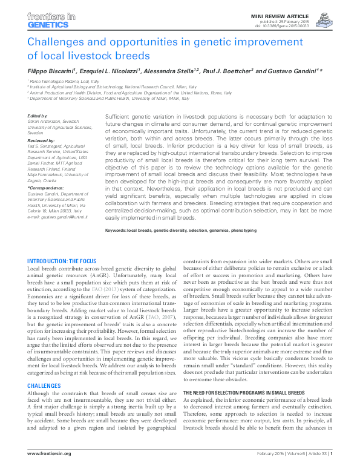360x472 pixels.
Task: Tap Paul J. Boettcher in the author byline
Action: click(225, 71)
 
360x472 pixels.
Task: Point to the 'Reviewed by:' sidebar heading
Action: click(41, 139)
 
